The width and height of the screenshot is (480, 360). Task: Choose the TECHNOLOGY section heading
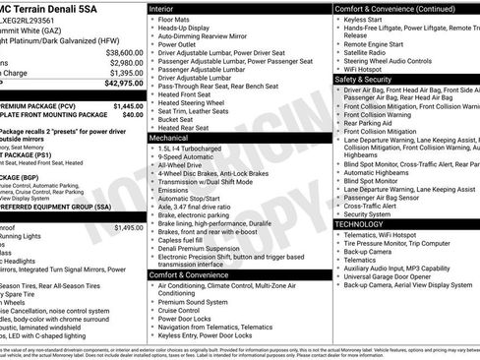[360, 224]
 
